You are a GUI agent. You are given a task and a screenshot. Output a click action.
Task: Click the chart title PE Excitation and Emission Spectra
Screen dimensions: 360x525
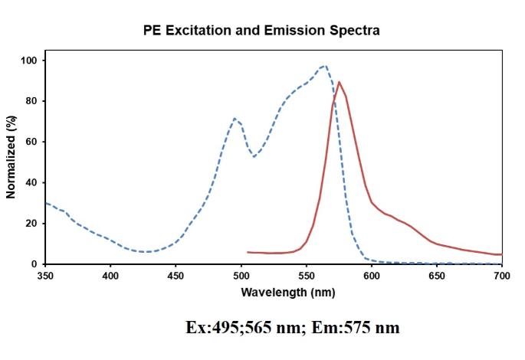tap(261, 31)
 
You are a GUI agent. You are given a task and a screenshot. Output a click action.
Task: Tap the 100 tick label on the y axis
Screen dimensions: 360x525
tap(30, 61)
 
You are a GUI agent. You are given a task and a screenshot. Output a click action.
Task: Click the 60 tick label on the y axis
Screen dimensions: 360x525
tap(33, 142)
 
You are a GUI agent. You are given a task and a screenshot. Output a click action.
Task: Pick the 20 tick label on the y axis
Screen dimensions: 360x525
tap(33, 223)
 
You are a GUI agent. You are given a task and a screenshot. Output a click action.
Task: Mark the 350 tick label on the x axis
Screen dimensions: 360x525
tap(46, 274)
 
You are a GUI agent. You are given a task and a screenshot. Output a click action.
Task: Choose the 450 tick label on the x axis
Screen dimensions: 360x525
tap(176, 274)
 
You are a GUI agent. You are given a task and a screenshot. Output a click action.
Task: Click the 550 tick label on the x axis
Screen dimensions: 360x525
tap(307, 274)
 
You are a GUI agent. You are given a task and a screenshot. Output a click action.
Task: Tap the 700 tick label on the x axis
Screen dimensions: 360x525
tap(502, 274)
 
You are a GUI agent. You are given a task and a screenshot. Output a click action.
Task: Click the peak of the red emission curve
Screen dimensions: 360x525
tap(339, 82)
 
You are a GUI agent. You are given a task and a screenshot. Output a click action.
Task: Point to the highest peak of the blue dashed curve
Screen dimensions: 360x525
tap(325, 66)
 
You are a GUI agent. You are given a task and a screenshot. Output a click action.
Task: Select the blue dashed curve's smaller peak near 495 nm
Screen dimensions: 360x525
tap(235, 119)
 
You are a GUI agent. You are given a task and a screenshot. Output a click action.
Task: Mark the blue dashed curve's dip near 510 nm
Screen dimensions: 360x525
tap(254, 156)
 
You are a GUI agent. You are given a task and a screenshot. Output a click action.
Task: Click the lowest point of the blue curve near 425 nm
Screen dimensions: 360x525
tap(146, 251)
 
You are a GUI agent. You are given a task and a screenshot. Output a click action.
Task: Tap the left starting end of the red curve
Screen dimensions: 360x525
tap(248, 252)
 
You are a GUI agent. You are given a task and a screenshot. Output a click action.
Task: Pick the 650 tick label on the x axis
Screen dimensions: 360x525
tap(437, 274)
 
